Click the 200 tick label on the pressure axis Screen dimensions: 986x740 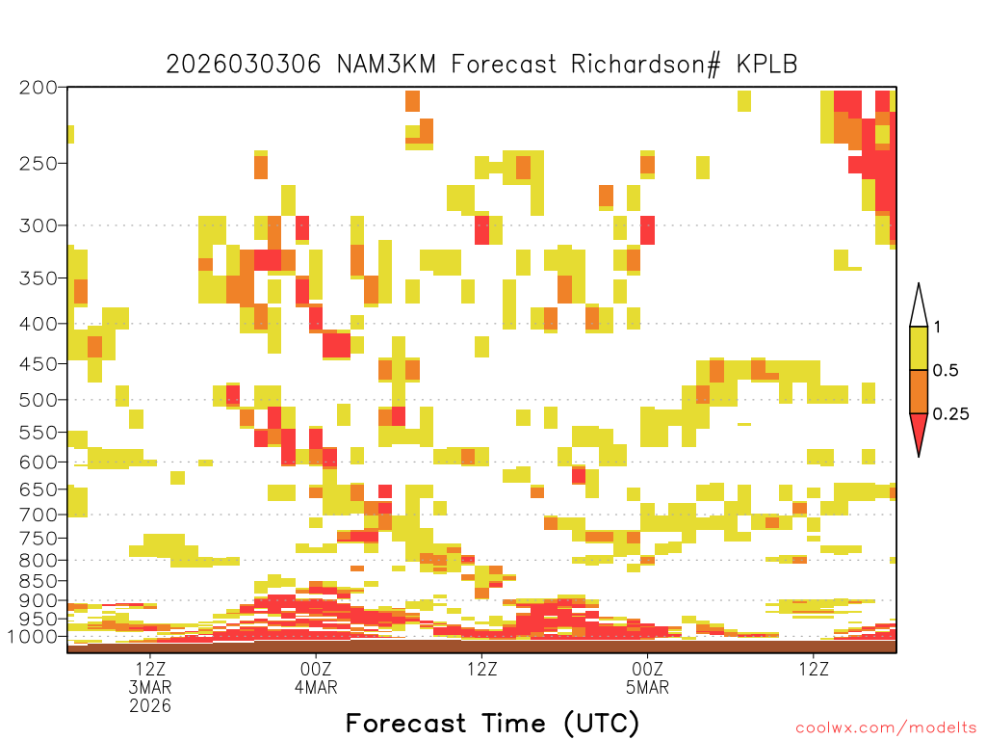coord(39,88)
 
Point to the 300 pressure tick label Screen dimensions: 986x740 coord(39,225)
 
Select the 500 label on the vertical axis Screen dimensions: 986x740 coord(39,400)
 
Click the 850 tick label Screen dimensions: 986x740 coord(39,581)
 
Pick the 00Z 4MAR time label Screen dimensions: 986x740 coord(316,677)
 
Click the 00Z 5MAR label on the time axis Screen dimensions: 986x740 coord(648,677)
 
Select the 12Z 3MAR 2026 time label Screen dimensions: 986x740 coord(150,687)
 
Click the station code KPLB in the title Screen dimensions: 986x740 coord(767,65)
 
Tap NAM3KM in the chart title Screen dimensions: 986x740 coord(386,65)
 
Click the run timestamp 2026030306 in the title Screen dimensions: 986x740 coord(244,65)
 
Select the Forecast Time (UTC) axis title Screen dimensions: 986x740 coord(492,723)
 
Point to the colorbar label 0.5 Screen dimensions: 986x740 coord(946,370)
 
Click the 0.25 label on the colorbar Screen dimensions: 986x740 coord(950,413)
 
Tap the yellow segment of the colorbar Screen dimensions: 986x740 coord(919,348)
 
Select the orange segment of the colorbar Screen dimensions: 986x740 coord(919,391)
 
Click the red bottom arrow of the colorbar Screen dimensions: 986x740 coord(919,431)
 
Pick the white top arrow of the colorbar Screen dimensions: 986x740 coord(919,309)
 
